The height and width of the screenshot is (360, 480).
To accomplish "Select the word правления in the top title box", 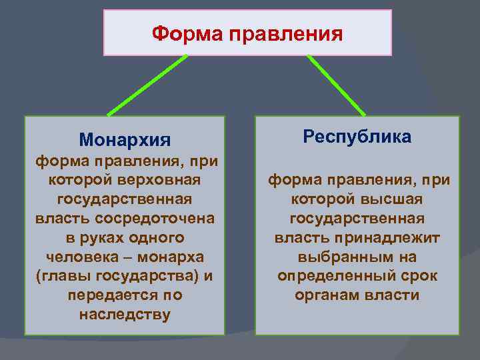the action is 285,33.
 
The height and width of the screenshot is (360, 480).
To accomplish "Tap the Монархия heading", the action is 125,140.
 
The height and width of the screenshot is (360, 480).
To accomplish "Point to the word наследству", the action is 125,314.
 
